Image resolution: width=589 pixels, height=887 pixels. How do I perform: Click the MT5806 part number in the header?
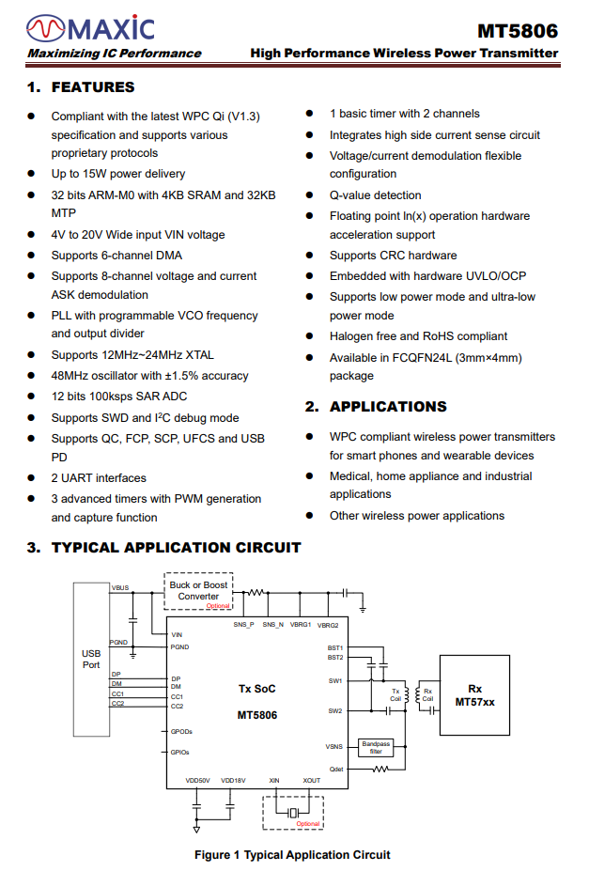coord(517,30)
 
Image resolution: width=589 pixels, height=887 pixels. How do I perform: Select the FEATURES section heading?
coord(93,87)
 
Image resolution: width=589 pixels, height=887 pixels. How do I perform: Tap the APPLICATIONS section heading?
coord(388,407)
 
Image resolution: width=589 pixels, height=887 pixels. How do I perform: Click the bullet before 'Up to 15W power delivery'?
coord(31,174)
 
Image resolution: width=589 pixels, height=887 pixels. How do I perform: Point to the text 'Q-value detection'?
coord(375,195)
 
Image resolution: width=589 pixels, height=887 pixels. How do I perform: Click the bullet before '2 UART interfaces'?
coord(31,478)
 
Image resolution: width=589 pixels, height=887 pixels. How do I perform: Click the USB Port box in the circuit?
coord(91,659)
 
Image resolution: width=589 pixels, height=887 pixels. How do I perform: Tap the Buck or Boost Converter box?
coord(198,591)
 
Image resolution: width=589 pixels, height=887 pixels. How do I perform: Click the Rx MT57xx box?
coord(474,695)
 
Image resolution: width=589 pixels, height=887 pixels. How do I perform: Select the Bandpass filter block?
coord(376,747)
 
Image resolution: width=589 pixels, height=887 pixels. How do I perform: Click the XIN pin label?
coord(274,780)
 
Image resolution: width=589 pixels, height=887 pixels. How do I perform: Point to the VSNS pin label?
coord(334,747)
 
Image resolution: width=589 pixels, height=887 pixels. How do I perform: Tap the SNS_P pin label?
coord(243,625)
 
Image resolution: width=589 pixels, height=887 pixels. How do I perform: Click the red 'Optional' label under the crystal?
coord(308,823)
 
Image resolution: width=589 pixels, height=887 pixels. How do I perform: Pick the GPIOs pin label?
coord(180,752)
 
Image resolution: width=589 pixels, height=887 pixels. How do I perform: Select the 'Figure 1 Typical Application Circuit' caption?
coord(292,854)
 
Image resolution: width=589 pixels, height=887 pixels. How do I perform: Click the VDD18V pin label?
coord(233,780)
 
